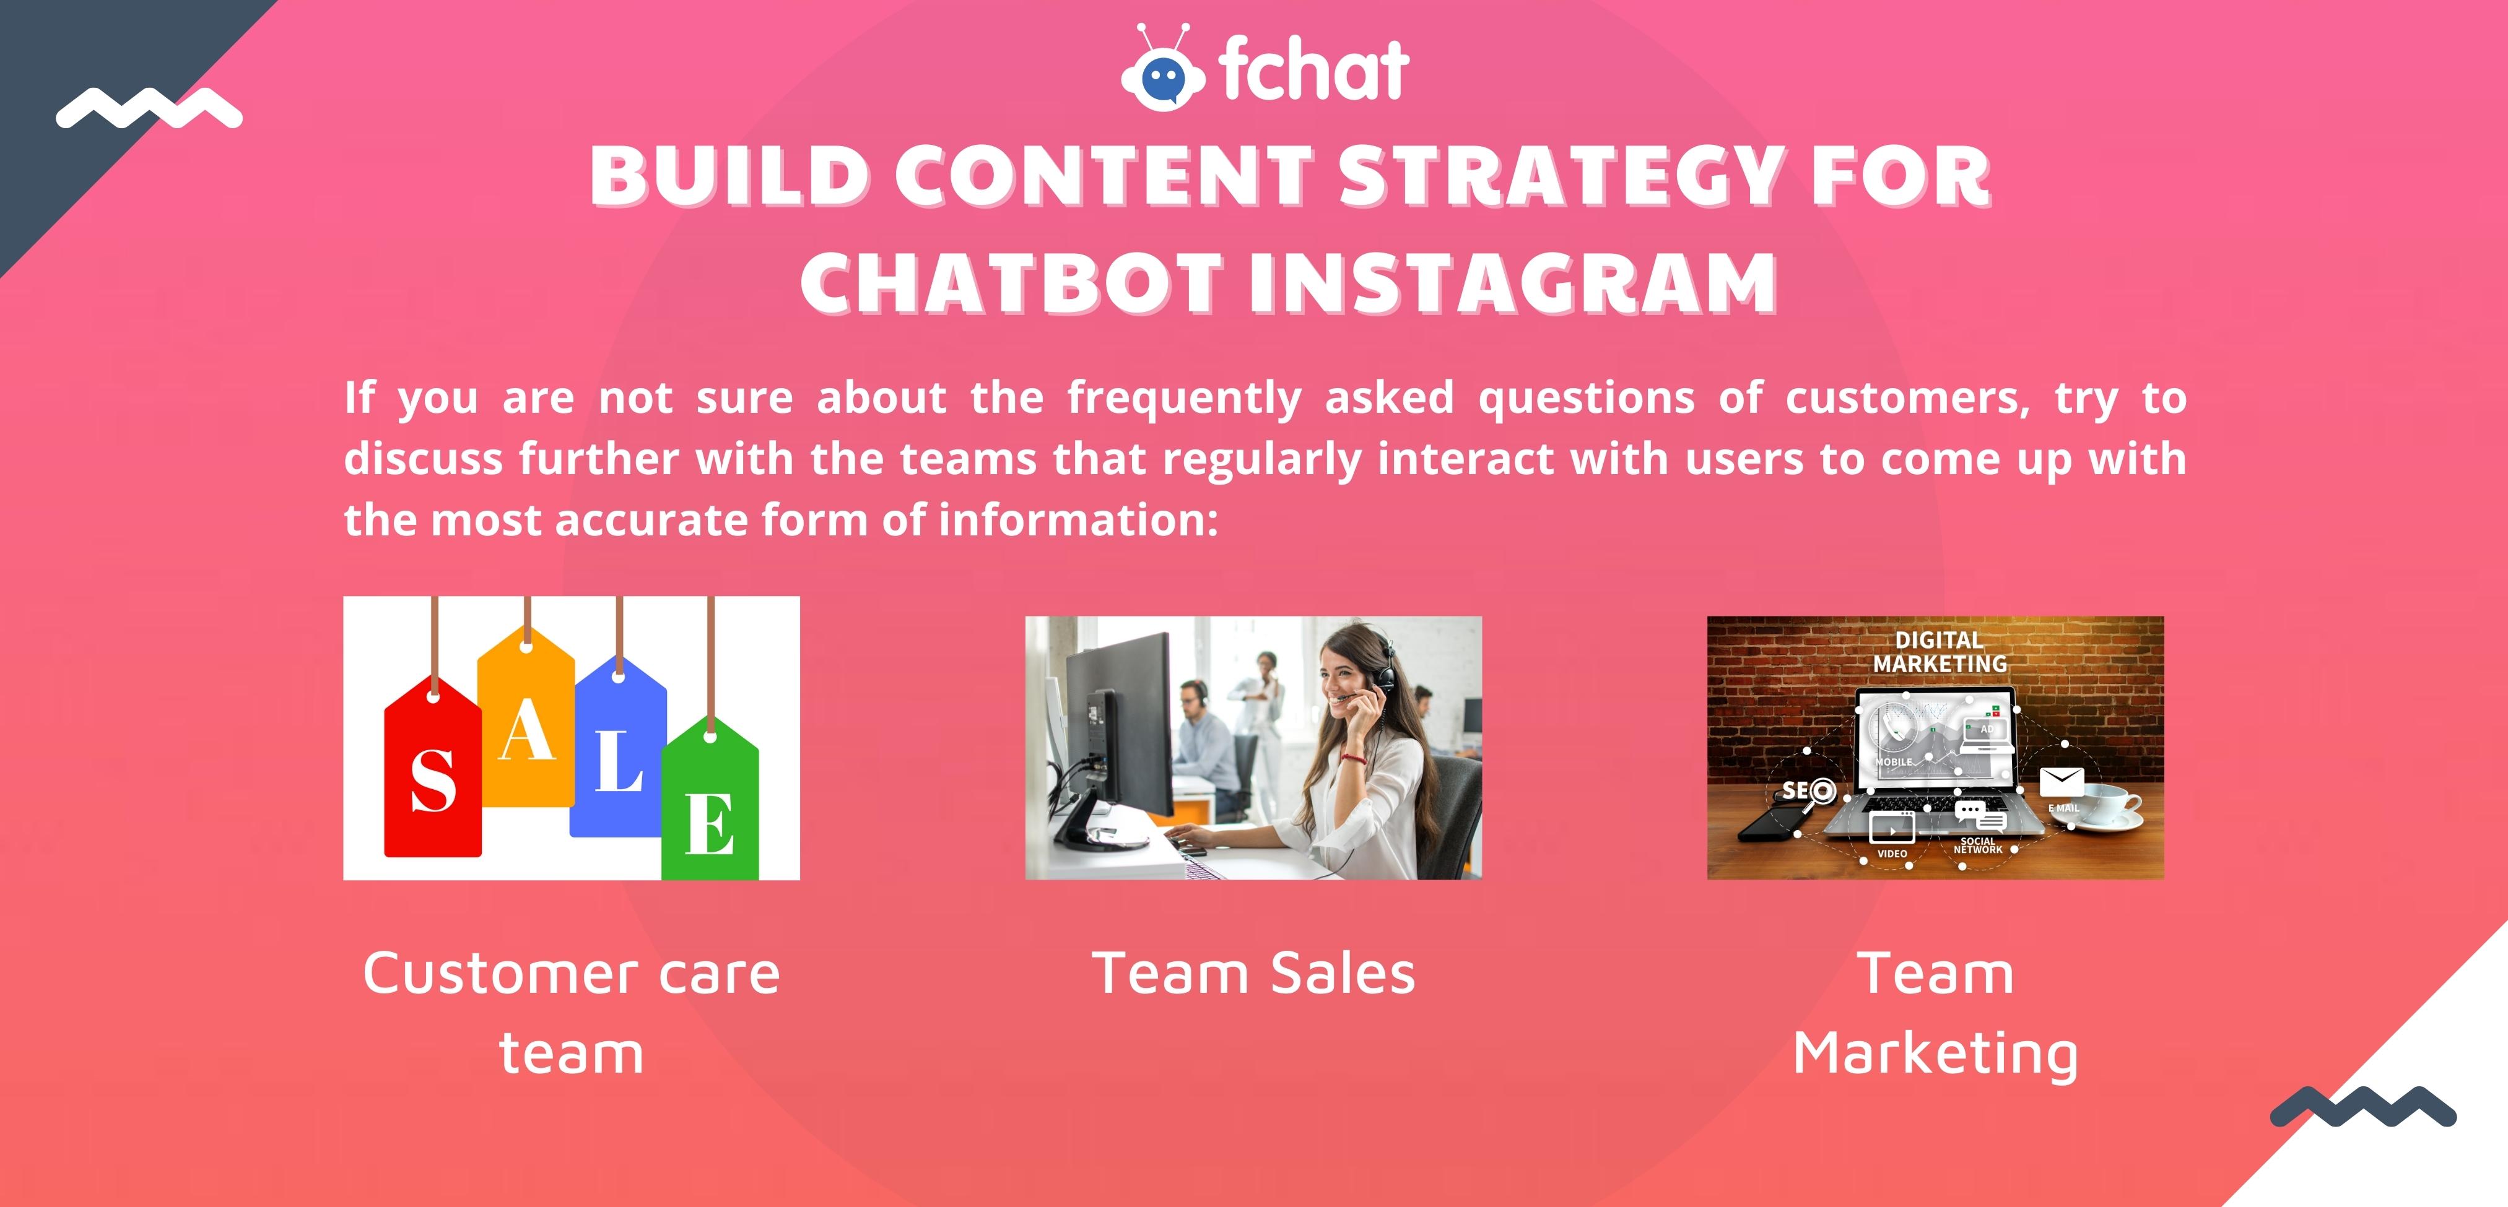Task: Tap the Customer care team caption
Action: (x=572, y=1012)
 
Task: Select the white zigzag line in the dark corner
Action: (x=149, y=108)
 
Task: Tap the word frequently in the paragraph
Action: (x=1184, y=398)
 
